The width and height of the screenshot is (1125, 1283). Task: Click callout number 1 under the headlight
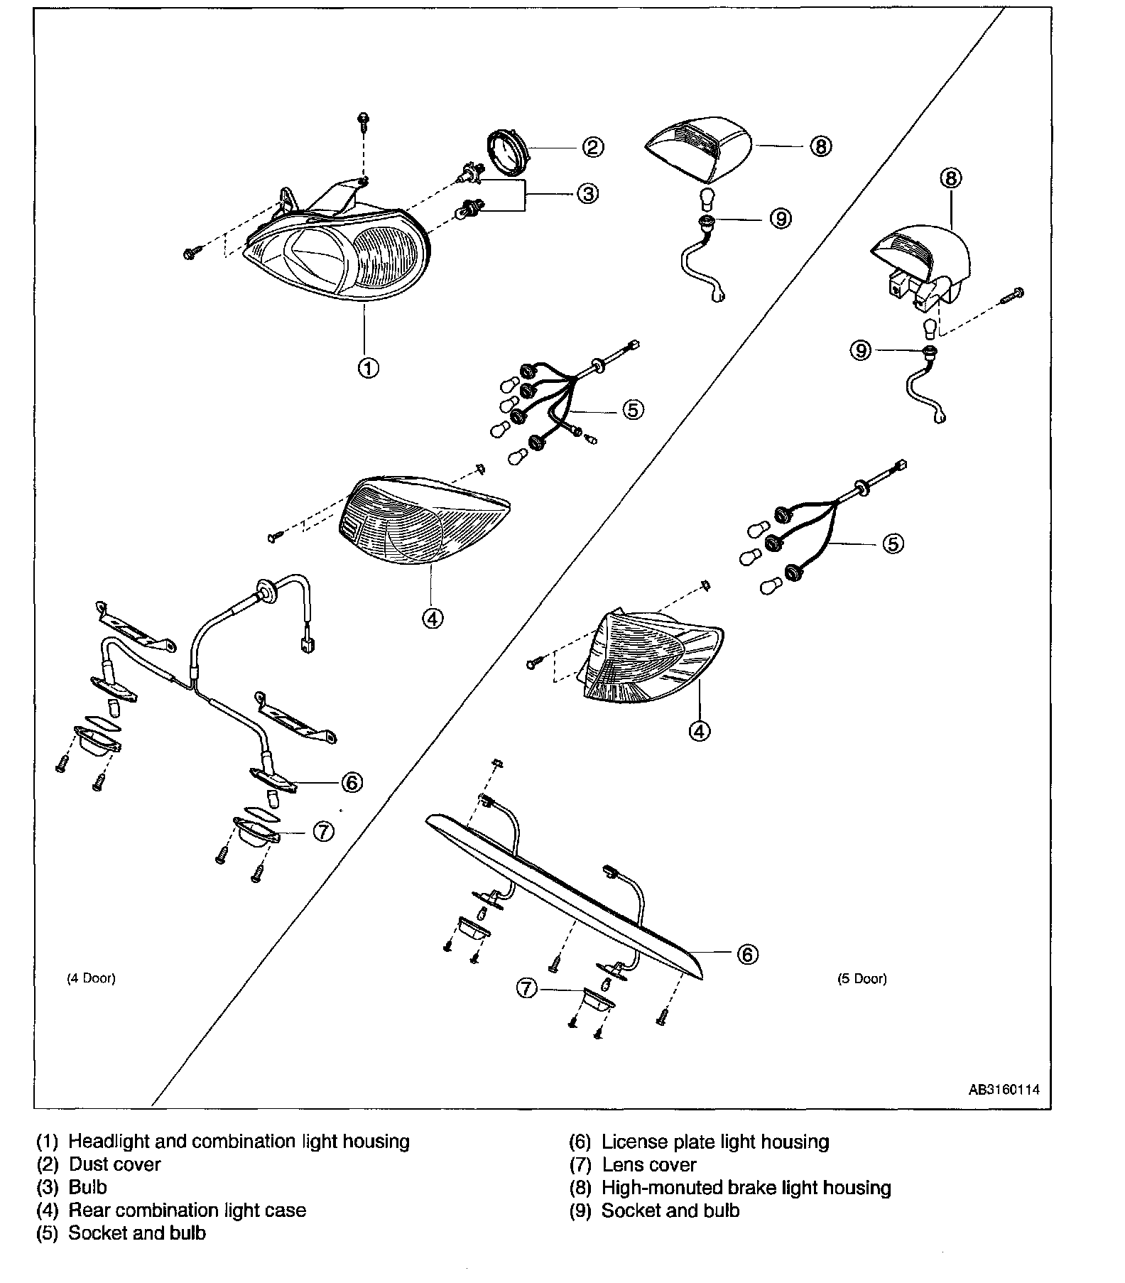click(367, 368)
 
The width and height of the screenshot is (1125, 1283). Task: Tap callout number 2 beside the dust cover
click(593, 147)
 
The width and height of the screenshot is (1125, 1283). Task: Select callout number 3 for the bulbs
click(587, 193)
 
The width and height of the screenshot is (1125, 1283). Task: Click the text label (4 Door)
click(91, 978)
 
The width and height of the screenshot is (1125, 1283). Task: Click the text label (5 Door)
click(862, 978)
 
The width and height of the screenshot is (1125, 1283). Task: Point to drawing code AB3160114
click(1004, 1089)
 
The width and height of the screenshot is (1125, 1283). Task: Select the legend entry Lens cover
click(648, 1164)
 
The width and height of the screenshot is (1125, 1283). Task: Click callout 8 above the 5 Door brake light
click(951, 178)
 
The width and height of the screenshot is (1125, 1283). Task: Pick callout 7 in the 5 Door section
click(526, 988)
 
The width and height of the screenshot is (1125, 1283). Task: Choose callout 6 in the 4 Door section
click(352, 782)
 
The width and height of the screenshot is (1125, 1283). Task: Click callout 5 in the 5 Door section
click(893, 543)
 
